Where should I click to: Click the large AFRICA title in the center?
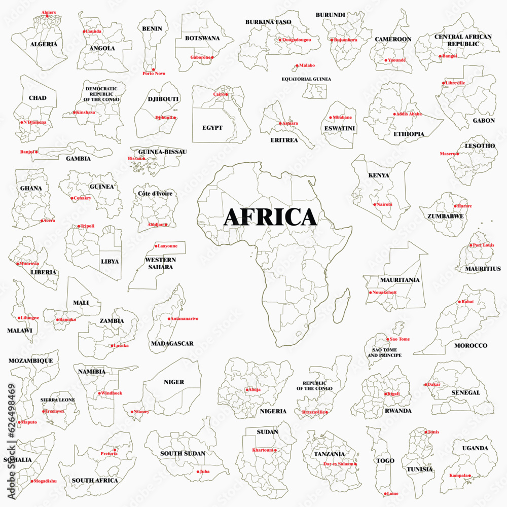point(270,216)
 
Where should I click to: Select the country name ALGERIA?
point(44,44)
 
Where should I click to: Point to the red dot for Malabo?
point(297,65)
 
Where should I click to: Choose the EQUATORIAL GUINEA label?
point(306,79)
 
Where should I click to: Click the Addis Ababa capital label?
point(408,114)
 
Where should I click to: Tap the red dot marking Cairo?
point(227,94)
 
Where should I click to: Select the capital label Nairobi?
point(384,204)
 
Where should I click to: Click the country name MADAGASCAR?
point(172,343)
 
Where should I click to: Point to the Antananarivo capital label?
point(185,318)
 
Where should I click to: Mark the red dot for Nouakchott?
point(370,293)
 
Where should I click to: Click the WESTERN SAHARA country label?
point(161,263)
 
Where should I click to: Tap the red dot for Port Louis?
point(470,245)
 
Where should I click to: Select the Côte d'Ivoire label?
point(155,193)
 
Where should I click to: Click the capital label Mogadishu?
point(45,481)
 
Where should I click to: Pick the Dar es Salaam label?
point(339,464)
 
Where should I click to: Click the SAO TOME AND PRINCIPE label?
point(384,352)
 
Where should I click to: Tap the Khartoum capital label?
point(263,450)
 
